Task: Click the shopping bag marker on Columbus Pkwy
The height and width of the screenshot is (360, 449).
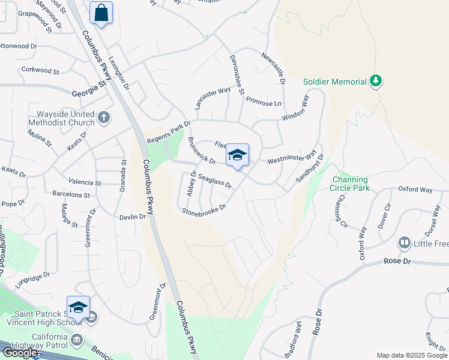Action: [x=101, y=13]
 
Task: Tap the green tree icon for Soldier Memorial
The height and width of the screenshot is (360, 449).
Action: [x=376, y=80]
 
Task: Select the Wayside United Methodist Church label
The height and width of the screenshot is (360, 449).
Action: [x=65, y=118]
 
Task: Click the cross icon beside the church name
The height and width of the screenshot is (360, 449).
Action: [x=104, y=117]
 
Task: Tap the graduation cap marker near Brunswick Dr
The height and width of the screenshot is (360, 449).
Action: [x=237, y=155]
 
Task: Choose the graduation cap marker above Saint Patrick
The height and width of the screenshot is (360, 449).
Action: [x=78, y=307]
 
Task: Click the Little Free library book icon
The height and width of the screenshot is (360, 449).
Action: [x=405, y=242]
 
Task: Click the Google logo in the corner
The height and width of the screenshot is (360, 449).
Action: [x=20, y=353]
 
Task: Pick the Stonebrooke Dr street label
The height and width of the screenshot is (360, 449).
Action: [x=204, y=209]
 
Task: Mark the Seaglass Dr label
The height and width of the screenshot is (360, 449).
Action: [x=214, y=181]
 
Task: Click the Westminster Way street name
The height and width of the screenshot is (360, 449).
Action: [x=291, y=158]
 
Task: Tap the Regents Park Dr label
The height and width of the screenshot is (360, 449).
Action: [x=169, y=133]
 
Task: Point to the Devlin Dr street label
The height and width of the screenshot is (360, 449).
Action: [x=133, y=217]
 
